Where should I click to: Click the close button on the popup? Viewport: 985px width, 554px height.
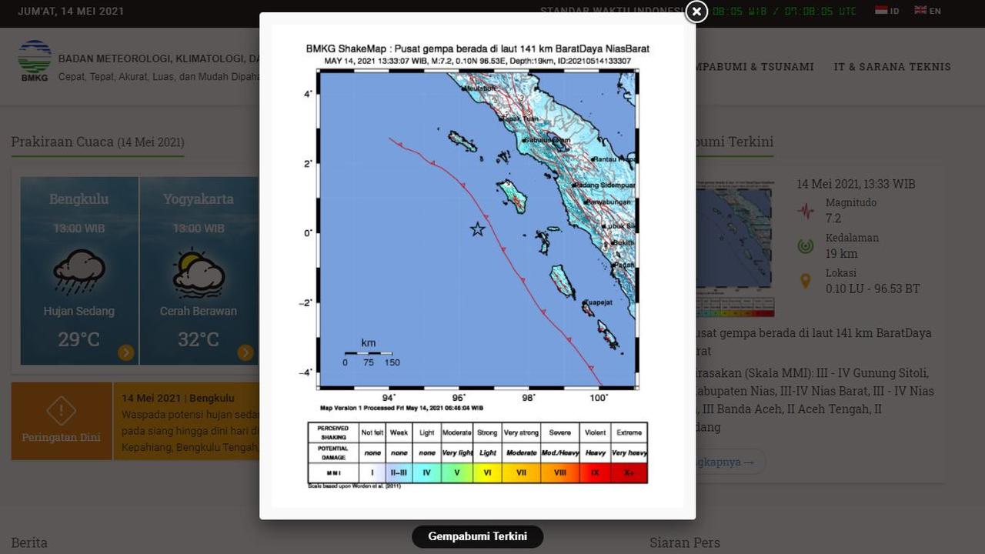(x=696, y=12)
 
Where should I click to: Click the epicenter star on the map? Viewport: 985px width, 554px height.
(x=478, y=229)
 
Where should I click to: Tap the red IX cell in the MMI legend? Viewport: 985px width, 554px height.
(x=595, y=472)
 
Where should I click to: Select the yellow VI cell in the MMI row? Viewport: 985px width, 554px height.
(x=487, y=472)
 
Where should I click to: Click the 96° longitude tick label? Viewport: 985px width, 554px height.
(x=459, y=397)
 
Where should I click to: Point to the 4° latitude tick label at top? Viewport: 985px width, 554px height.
(x=307, y=94)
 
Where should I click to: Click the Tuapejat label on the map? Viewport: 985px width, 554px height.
(x=598, y=302)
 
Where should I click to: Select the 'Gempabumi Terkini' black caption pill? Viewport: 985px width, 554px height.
(x=477, y=536)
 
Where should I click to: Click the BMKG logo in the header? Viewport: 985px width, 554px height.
(x=35, y=60)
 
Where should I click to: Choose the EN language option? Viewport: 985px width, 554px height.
(x=928, y=11)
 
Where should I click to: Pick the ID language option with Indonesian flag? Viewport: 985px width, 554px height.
(x=887, y=11)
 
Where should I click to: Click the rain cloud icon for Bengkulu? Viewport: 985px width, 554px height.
(x=79, y=272)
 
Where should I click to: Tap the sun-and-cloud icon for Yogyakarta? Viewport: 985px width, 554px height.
(x=199, y=273)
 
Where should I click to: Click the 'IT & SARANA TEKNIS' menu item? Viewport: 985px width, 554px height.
(x=893, y=67)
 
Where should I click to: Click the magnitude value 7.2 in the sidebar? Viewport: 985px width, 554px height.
(x=833, y=219)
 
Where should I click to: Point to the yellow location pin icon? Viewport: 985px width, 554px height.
(x=806, y=282)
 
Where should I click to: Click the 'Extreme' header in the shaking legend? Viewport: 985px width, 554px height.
(x=629, y=432)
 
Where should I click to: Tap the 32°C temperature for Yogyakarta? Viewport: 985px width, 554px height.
(x=199, y=339)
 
